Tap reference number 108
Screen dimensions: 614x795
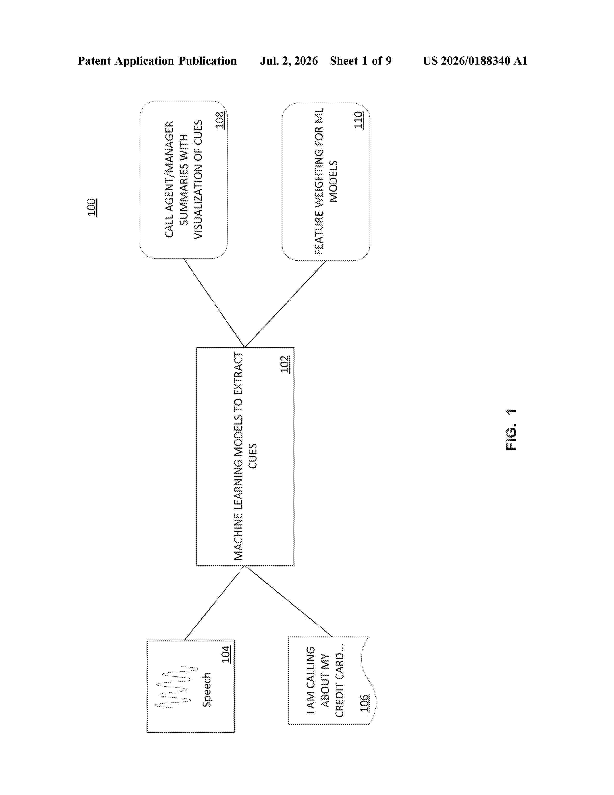[x=220, y=120]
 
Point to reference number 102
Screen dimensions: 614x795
[x=285, y=364]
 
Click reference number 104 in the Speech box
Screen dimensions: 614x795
[x=226, y=654]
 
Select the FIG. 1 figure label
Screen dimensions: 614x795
[x=511, y=430]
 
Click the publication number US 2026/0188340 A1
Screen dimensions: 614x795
[x=475, y=61]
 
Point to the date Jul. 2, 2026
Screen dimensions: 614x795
[x=289, y=61]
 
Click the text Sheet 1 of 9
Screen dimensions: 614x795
[x=361, y=61]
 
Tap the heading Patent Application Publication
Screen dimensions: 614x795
[x=157, y=61]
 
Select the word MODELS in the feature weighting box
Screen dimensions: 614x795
[x=333, y=181]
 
